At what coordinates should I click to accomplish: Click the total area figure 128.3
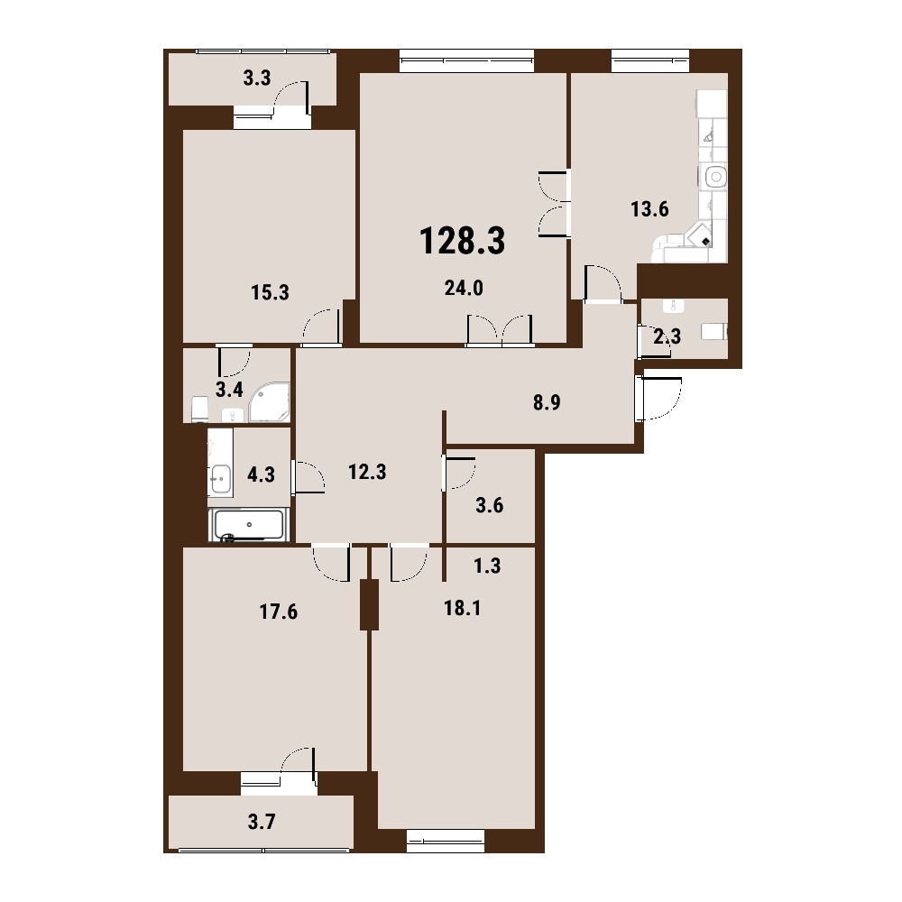(463, 241)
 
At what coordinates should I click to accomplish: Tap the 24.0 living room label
(464, 288)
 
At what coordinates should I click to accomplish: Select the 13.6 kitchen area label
(649, 209)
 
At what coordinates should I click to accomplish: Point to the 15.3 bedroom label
(270, 292)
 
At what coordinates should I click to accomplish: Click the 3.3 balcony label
(256, 78)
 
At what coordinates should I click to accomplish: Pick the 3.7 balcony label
(262, 822)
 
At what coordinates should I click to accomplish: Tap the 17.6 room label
(279, 612)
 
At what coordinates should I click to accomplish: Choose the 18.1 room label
(463, 608)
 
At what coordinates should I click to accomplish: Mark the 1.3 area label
(487, 566)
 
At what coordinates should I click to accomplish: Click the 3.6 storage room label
(490, 505)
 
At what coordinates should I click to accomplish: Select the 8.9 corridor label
(547, 402)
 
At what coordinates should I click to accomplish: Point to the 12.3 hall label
(367, 473)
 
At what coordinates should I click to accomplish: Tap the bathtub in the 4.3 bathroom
(247, 525)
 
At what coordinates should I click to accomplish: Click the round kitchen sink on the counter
(715, 177)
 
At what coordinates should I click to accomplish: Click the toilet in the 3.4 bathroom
(199, 409)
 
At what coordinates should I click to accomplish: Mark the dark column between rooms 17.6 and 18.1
(369, 604)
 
